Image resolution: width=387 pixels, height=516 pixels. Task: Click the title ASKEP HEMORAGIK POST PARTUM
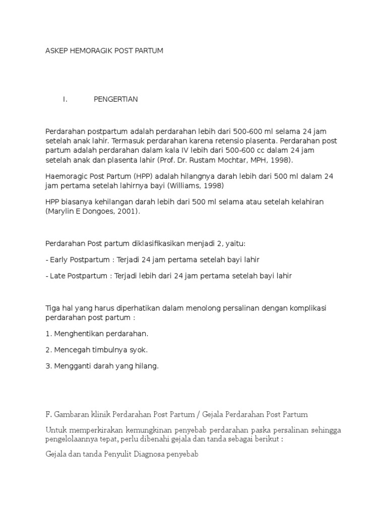104,51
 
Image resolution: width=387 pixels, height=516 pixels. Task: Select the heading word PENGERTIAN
115,99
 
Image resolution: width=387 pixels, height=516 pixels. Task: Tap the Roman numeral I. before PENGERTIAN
65,99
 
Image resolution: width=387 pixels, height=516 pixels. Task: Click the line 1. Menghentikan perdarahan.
97,334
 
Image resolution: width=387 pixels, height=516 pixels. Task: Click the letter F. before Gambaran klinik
49,414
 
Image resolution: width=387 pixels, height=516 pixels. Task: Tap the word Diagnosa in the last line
154,454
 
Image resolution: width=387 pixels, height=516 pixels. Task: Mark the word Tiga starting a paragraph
53,308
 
